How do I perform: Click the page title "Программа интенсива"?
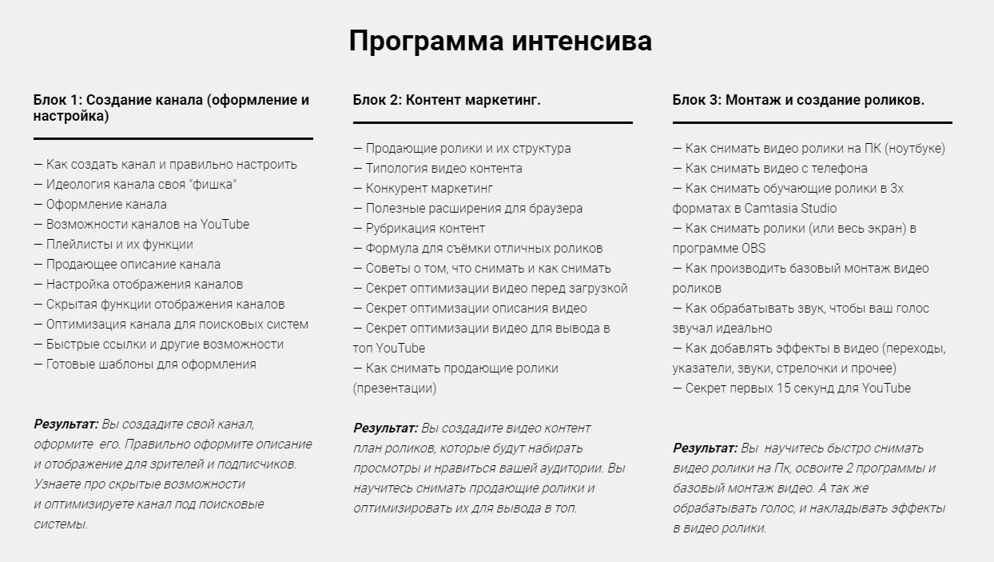(x=500, y=41)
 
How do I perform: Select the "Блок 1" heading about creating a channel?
(x=171, y=108)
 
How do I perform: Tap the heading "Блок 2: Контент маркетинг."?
(x=447, y=100)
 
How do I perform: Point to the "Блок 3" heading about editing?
(x=798, y=100)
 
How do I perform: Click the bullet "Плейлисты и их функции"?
(x=119, y=245)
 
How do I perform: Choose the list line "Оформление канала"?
(x=106, y=205)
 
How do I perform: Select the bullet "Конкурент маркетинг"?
(x=429, y=189)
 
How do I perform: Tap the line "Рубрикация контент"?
(x=425, y=229)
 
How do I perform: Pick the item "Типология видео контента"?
(x=443, y=169)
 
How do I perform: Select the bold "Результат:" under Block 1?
(x=66, y=424)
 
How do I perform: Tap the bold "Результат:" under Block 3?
(x=705, y=448)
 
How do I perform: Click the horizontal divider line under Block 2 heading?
(x=492, y=122)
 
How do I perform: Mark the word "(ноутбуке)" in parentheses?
(x=916, y=149)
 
